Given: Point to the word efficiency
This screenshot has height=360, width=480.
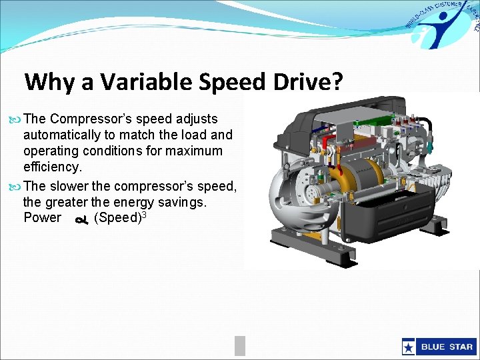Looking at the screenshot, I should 52,166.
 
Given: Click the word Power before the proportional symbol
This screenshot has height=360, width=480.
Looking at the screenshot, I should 42,218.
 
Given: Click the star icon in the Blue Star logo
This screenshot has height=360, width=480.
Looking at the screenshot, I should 409,347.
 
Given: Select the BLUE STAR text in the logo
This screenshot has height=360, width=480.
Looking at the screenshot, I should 446,347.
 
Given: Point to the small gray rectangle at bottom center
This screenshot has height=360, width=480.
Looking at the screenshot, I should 240,345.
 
